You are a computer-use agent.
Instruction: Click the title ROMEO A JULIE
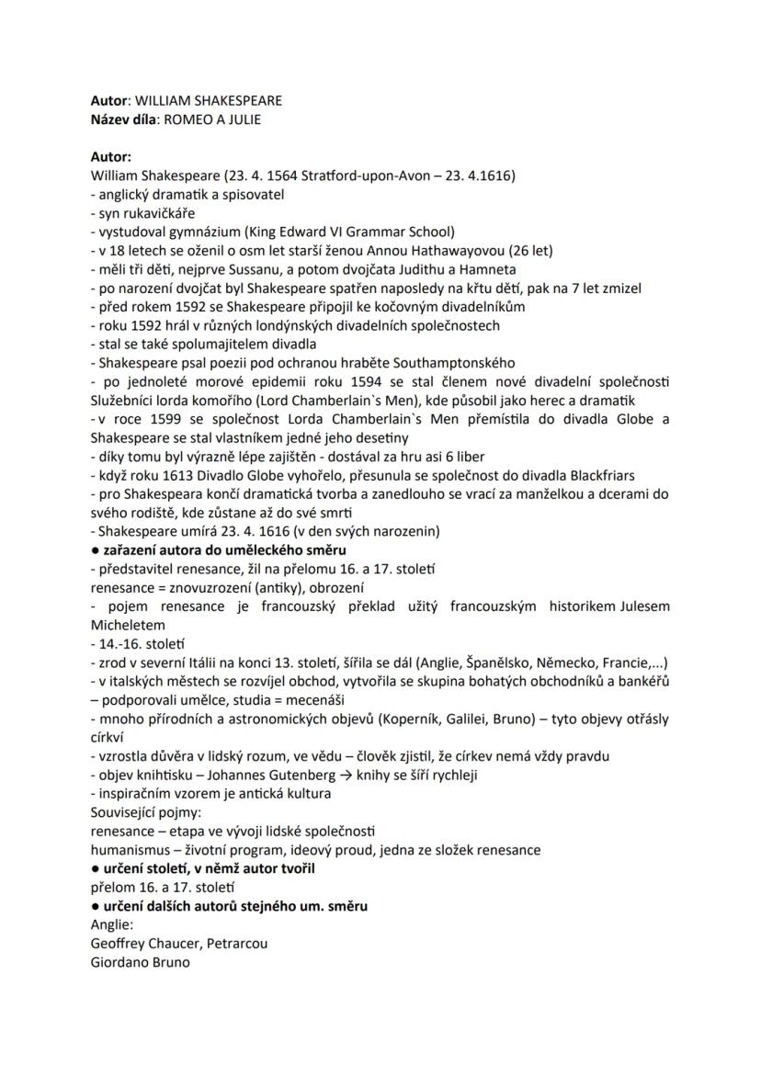[x=218, y=119]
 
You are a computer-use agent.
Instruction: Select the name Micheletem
[x=127, y=626]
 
